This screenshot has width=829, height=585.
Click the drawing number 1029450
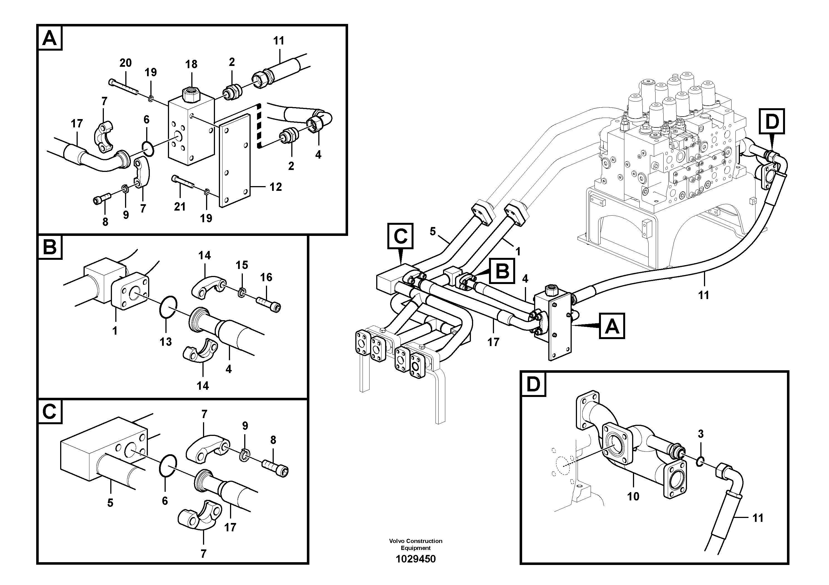[x=415, y=559]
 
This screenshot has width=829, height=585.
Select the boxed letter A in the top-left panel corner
[x=50, y=38]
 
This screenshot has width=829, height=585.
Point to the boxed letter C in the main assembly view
[x=400, y=236]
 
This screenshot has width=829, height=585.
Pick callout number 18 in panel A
[x=191, y=64]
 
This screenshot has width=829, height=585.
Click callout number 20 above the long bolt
[x=125, y=63]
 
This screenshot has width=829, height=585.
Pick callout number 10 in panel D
[x=633, y=496]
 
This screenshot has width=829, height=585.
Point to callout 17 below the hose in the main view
[x=493, y=342]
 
